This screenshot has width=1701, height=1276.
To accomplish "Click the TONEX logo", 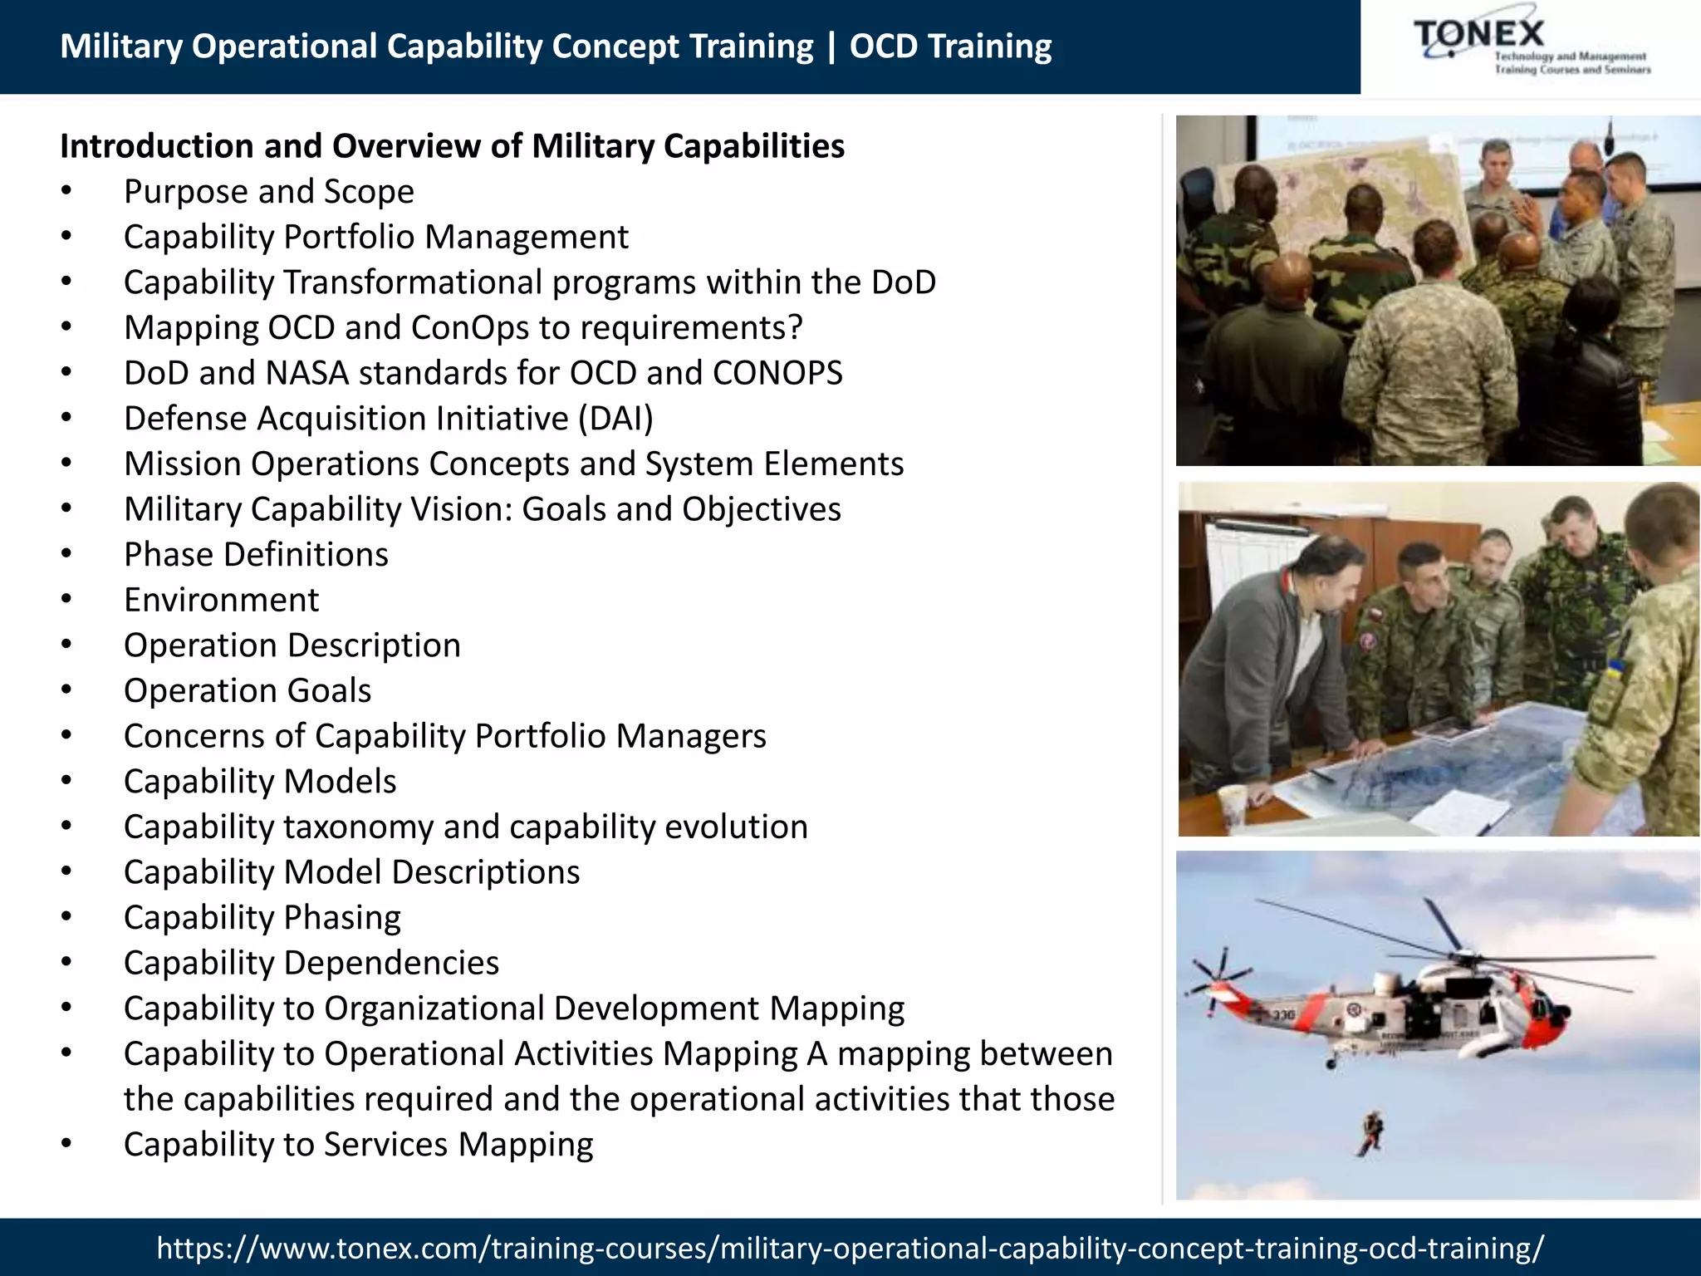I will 1530,47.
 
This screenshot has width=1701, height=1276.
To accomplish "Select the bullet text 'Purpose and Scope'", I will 268,192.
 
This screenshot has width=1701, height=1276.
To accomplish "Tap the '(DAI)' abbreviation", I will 615,419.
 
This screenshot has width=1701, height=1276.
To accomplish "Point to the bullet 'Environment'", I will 221,600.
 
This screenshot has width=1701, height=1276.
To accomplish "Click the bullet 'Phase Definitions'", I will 256,555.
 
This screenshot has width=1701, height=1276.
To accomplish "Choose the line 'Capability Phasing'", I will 262,918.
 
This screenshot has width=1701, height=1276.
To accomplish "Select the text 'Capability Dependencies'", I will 311,963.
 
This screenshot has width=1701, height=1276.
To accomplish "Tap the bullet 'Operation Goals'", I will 247,691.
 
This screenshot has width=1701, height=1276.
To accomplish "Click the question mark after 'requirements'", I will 795,328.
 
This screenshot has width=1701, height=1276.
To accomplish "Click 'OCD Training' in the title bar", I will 949,47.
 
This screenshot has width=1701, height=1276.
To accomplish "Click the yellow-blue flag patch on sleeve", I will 1615,667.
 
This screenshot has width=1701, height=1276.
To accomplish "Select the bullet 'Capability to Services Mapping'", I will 358,1145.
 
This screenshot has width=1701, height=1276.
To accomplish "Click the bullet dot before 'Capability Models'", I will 66,782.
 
